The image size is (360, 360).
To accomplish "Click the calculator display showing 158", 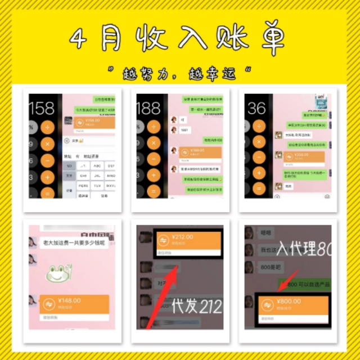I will (x=42, y=107).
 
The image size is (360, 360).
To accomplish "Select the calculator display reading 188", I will (x=148, y=107).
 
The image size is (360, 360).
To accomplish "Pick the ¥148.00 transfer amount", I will (x=69, y=301).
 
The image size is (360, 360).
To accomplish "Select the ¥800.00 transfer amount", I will (x=289, y=301).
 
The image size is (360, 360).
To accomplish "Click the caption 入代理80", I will (x=304, y=249).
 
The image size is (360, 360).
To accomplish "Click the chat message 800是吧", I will (x=268, y=269).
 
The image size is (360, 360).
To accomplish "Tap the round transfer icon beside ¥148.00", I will (x=49, y=304).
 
